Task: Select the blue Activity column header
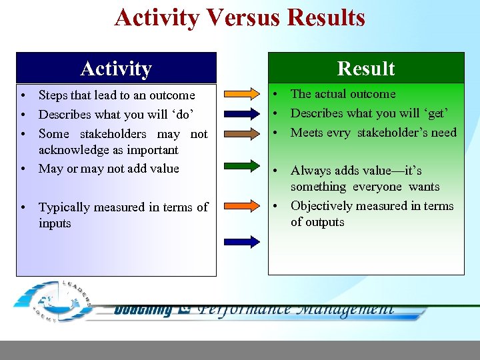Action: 116,68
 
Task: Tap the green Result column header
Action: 365,68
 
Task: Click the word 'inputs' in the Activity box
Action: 55,223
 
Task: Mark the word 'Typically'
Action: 65,207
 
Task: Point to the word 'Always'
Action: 310,171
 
